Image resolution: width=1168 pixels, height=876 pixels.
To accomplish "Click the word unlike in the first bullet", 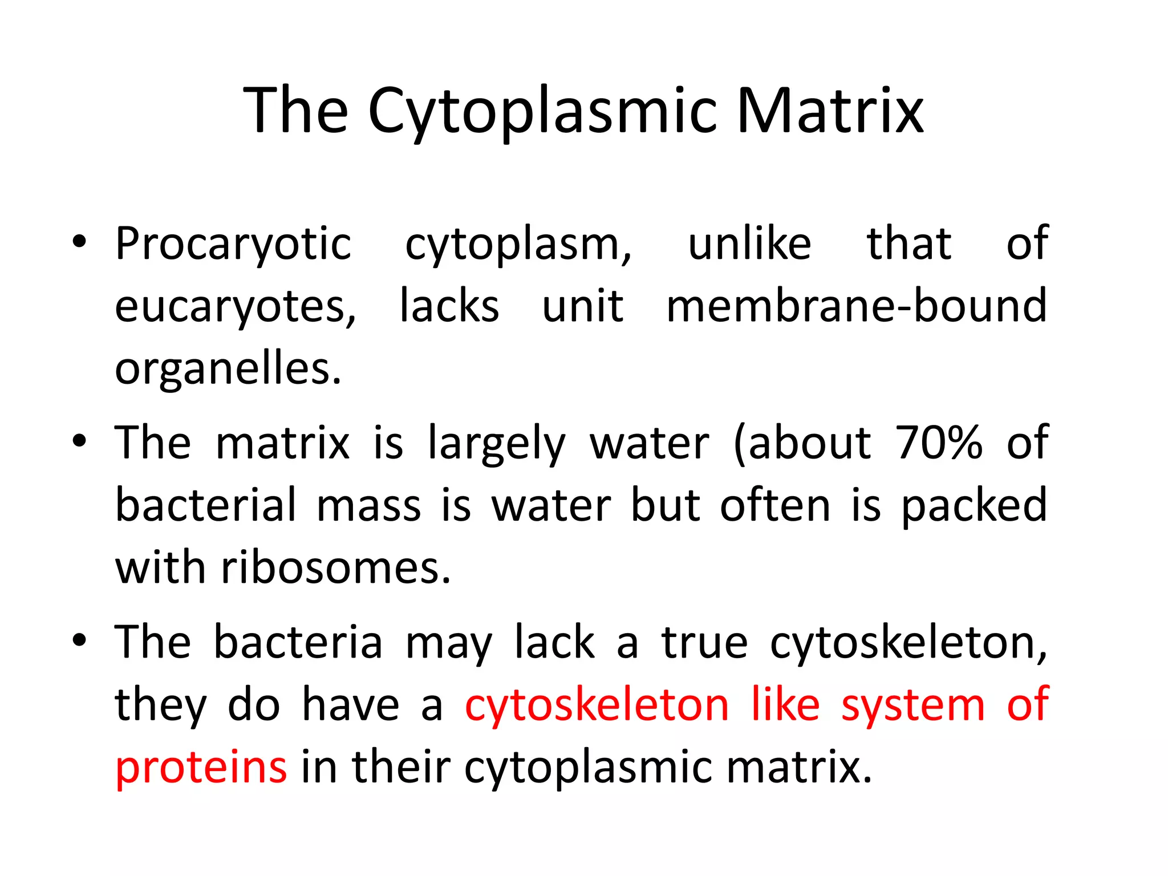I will click(x=749, y=244).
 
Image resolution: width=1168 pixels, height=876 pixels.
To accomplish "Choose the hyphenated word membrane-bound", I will click(x=857, y=306).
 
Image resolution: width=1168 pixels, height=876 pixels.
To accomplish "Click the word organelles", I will click(x=228, y=370).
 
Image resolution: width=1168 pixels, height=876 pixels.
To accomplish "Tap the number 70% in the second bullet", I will click(x=939, y=443).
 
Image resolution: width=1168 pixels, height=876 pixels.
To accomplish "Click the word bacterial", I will click(x=206, y=505).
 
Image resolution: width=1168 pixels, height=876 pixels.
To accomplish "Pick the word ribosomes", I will click(x=335, y=568).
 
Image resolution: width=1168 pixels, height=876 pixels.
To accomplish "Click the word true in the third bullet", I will click(x=704, y=643).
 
